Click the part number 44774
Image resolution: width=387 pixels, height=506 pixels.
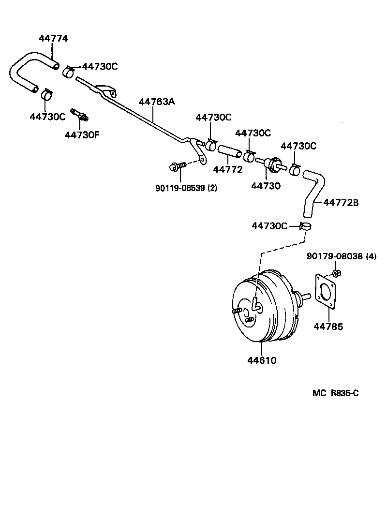tap(53, 39)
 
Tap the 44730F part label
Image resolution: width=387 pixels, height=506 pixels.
tap(82, 134)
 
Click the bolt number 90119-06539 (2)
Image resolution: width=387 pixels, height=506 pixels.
tap(186, 188)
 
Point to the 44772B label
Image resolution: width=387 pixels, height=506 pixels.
tap(341, 203)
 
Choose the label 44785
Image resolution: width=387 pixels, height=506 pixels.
tap(328, 327)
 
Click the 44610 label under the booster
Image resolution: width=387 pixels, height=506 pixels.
tap(262, 360)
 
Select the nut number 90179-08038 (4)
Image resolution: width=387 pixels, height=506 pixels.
tap(341, 256)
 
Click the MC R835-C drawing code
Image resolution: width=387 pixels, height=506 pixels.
tap(335, 393)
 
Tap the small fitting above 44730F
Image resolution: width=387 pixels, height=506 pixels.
tap(79, 114)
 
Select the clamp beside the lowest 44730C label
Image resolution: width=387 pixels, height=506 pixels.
tap(306, 225)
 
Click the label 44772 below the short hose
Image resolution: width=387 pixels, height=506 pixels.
tap(228, 170)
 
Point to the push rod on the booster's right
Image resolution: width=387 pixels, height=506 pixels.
tap(305, 295)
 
